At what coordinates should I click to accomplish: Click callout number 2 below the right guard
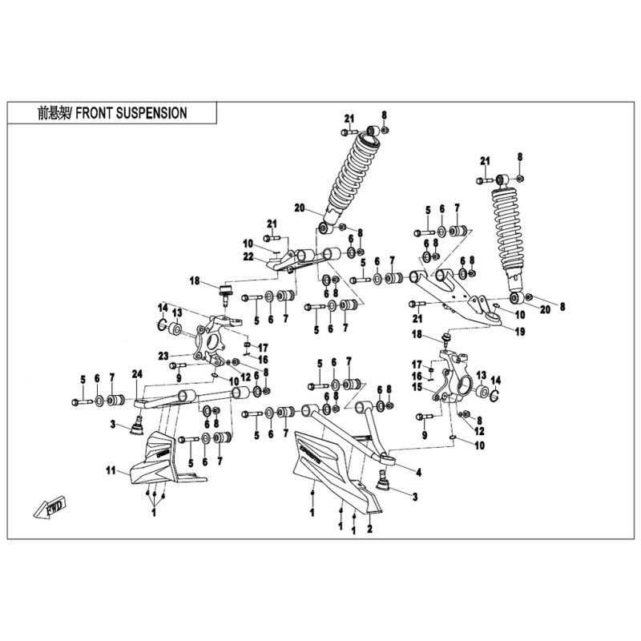click(x=369, y=530)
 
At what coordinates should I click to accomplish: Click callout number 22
click(x=249, y=256)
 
